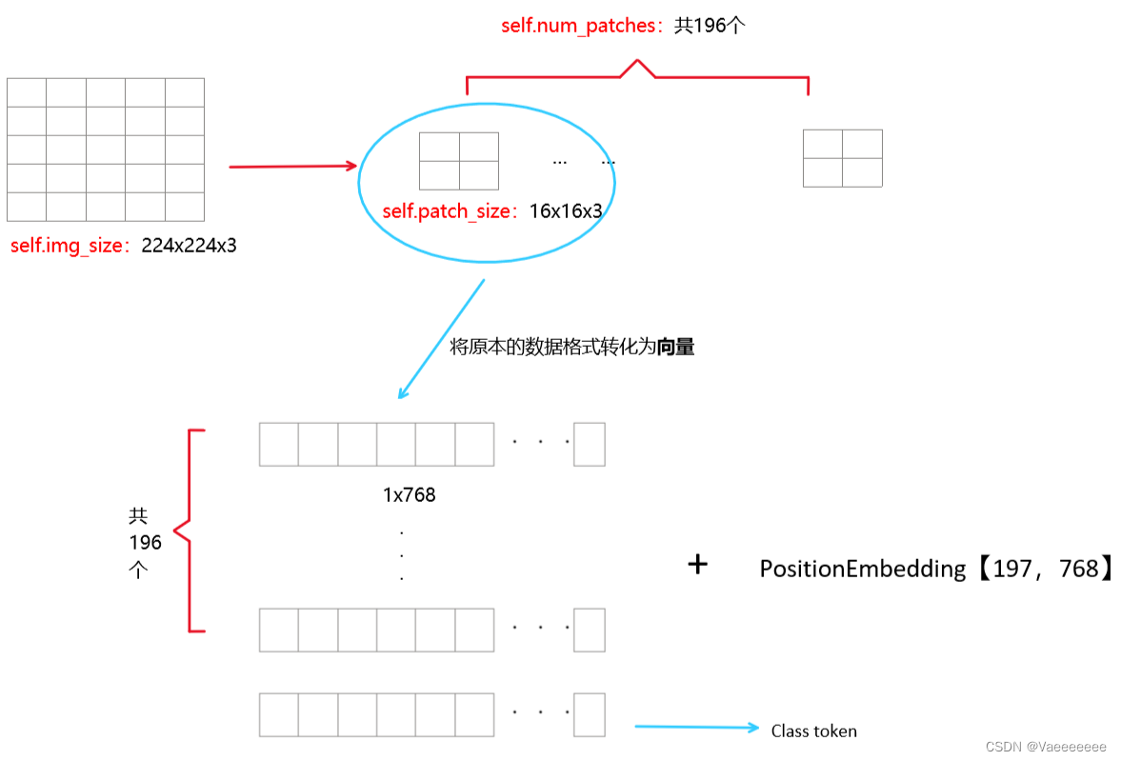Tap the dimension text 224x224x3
[189, 246]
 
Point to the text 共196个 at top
[710, 25]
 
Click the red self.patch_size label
[448, 211]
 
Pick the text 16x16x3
[566, 211]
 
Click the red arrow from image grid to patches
[292, 167]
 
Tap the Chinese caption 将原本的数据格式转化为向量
[571, 347]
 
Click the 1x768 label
[409, 495]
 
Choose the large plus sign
[698, 565]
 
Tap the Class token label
[813, 731]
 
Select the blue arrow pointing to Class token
[697, 728]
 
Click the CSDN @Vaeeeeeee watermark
[1046, 747]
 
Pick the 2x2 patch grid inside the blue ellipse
[459, 161]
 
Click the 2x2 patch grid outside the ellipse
[842, 158]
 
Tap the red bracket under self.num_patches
[636, 76]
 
